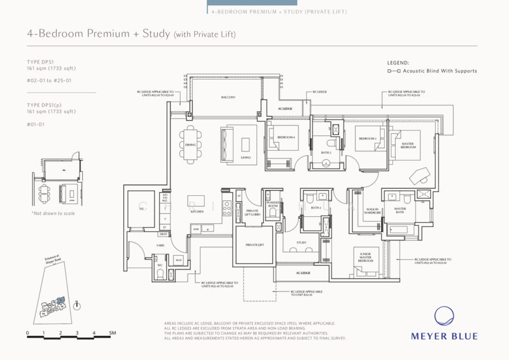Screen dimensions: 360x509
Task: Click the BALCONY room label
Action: pos(228,97)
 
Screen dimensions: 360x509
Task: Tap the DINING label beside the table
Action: pos(190,145)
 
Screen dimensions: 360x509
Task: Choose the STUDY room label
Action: pos(302,243)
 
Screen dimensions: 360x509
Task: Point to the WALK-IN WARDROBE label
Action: pos(373,211)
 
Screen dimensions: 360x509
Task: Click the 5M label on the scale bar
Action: pos(111,334)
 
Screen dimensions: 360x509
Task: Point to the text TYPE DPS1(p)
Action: pos(46,106)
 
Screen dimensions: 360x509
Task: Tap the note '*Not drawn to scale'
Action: pos(53,213)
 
